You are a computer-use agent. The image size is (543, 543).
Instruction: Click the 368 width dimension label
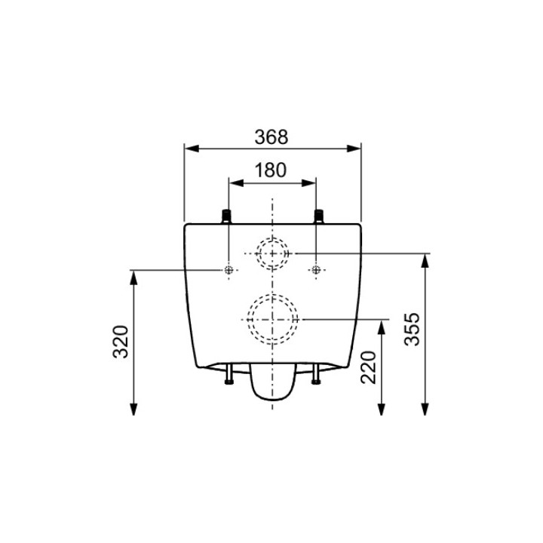tap(271, 137)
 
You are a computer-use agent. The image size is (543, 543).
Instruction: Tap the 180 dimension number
tap(271, 170)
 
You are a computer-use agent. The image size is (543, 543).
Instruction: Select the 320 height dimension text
tap(121, 342)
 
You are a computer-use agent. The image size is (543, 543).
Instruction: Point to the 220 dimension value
tap(368, 367)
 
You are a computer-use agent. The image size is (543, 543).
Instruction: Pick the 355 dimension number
tap(412, 329)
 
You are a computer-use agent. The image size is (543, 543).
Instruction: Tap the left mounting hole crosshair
tap(229, 270)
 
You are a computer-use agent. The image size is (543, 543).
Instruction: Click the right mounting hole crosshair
tap(316, 270)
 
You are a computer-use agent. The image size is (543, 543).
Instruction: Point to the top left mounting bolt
tap(226, 216)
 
